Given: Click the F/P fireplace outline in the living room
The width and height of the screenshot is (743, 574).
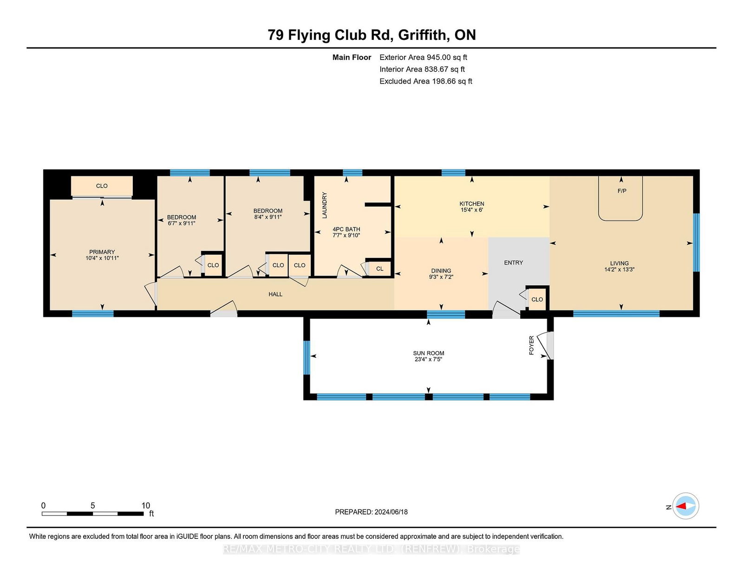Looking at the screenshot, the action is (x=620, y=220).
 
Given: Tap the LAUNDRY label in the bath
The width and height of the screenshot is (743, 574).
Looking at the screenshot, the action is (x=325, y=205).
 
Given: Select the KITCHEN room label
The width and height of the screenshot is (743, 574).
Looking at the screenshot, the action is (x=471, y=204).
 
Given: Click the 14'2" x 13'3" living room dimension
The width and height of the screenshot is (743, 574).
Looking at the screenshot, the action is (x=619, y=269).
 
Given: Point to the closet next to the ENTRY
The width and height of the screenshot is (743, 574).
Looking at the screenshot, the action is (x=537, y=299).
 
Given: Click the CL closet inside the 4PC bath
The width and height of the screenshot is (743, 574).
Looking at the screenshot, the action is (x=379, y=269).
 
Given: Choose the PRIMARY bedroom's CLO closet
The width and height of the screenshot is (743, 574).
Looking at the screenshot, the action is (x=102, y=186).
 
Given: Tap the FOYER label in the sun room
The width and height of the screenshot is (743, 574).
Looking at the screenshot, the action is (x=531, y=345).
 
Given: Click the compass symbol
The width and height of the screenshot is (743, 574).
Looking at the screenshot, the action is (x=685, y=506).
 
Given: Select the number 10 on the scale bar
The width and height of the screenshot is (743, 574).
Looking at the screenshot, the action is (x=146, y=505).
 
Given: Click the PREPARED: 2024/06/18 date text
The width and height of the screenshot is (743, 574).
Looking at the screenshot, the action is (x=371, y=512).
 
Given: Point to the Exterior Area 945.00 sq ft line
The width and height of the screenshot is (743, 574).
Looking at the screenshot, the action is (x=424, y=58).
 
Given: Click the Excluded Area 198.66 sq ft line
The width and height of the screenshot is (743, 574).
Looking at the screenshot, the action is (x=426, y=81).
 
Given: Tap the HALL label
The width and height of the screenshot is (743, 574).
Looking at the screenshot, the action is (x=275, y=294).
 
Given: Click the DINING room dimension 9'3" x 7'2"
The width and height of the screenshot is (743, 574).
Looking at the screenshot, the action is (x=441, y=277).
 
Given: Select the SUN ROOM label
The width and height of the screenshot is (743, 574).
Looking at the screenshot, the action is (x=429, y=353).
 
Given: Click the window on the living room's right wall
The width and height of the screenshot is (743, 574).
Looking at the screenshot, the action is (x=696, y=242).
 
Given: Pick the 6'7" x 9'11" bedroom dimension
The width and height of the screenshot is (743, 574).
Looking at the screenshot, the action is (x=182, y=224).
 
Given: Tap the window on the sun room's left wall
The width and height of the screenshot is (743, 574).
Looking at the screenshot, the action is (x=306, y=358).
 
